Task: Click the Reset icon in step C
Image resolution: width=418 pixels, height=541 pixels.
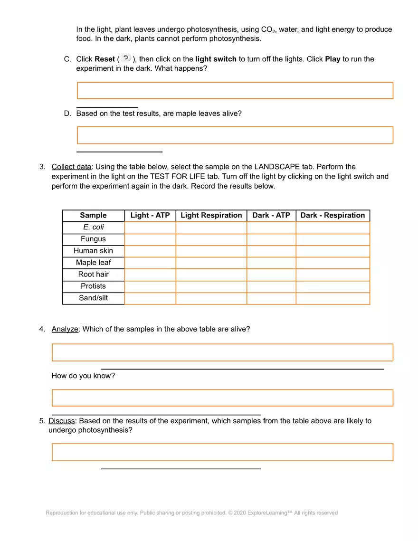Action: [x=125, y=58]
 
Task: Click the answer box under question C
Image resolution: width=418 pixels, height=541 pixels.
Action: [x=235, y=90]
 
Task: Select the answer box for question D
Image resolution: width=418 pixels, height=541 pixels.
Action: [x=235, y=135]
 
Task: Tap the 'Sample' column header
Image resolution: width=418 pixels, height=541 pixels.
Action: [x=93, y=215]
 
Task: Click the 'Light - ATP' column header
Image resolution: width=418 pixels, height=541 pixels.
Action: [x=150, y=215]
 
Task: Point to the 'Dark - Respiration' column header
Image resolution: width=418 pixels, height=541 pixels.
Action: [x=332, y=215]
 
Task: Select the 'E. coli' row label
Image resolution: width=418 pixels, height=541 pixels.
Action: [x=93, y=227]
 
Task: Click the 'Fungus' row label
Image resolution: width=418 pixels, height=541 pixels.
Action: [x=93, y=239]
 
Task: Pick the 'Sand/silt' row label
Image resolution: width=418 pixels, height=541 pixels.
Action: [x=93, y=298]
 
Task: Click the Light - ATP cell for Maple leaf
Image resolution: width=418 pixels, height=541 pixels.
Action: [x=150, y=263]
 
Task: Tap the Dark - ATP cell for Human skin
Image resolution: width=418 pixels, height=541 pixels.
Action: [x=271, y=251]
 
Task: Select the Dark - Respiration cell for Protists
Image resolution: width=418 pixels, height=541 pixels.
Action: [x=332, y=286]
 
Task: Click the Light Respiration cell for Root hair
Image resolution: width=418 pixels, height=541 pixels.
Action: [x=211, y=275]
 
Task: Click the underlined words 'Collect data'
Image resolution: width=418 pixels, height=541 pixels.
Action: [x=71, y=167]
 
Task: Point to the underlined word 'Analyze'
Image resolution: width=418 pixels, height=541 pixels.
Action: [x=65, y=329]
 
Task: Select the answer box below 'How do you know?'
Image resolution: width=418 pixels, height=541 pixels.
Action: [x=222, y=398]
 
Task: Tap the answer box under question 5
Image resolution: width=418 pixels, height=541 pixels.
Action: [x=222, y=452]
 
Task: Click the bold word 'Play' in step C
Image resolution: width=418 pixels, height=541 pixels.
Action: [x=332, y=59]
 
